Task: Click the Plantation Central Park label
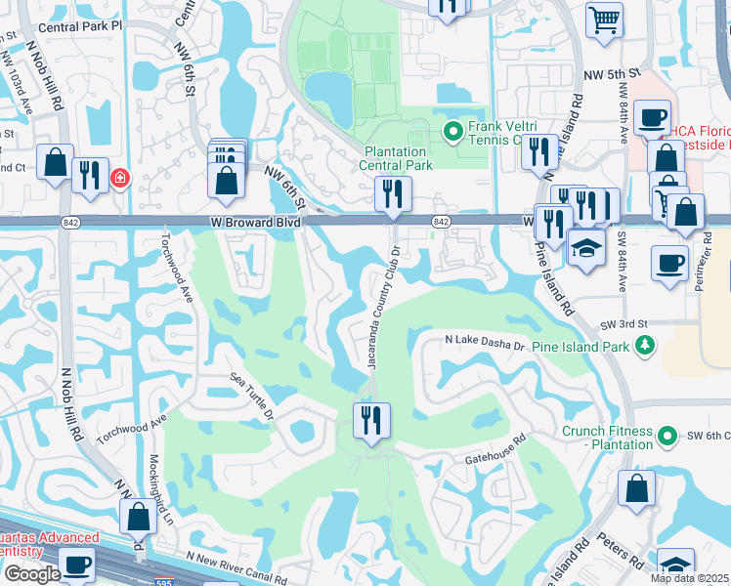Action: (x=397, y=158)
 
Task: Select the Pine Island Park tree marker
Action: (x=644, y=345)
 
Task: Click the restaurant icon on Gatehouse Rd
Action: (x=371, y=421)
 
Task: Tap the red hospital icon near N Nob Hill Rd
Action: (x=119, y=179)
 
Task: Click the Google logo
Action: (x=31, y=574)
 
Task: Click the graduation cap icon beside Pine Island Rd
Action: (x=586, y=249)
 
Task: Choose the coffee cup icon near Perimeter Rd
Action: (x=670, y=264)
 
